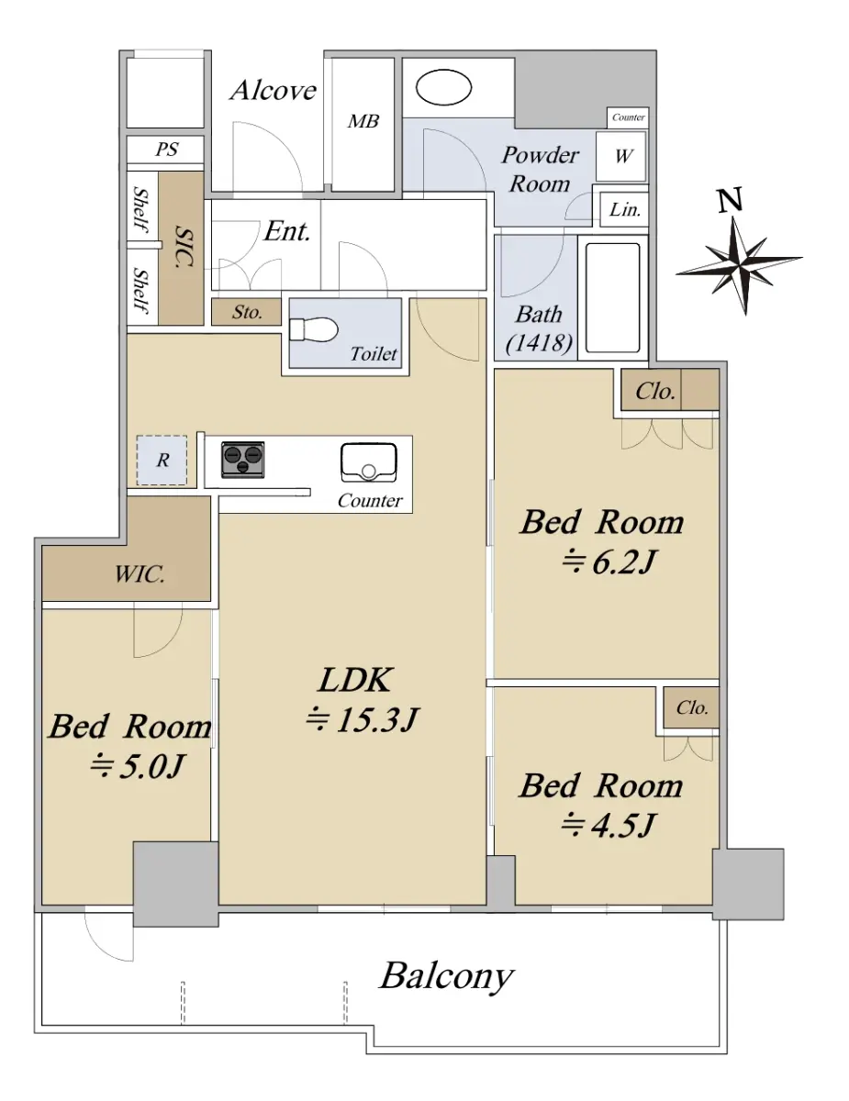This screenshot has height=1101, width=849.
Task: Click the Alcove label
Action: pos(274,91)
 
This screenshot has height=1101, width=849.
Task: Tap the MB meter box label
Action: pos(363,121)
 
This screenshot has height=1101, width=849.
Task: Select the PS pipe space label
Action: pos(166,150)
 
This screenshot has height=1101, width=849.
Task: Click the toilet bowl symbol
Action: pos(313,330)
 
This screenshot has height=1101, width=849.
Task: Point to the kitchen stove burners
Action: pos(243,460)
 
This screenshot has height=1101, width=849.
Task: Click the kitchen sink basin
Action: pos(368,463)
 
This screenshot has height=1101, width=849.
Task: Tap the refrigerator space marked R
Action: pos(162,460)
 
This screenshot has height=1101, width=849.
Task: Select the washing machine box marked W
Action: pos(620,156)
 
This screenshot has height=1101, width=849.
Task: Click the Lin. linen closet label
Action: pos(624,209)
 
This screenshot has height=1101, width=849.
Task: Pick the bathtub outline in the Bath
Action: pos(612,298)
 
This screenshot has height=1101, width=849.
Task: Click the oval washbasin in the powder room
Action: pos(443,88)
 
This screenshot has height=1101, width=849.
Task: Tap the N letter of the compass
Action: pos(731,200)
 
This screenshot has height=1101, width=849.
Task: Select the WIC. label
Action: pos(140,574)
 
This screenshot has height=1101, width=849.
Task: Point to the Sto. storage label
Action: pos(247,312)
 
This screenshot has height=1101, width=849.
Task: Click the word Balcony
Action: pos(447,977)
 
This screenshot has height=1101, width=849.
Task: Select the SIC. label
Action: pos(184,247)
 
